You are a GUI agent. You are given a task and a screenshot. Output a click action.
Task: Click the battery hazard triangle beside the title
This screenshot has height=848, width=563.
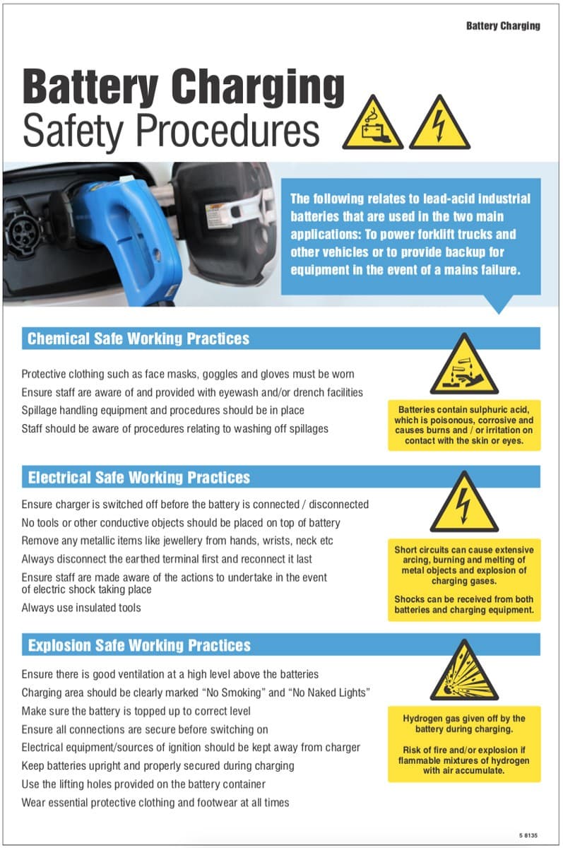point(372,126)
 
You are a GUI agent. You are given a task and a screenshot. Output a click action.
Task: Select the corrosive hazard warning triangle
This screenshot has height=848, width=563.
point(464,367)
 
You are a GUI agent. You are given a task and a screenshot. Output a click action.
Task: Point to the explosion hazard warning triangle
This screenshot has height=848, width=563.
point(464,672)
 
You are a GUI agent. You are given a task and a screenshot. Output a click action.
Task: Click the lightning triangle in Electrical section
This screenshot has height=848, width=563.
point(464,504)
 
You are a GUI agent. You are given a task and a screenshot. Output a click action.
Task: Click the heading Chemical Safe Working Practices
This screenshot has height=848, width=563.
point(138,338)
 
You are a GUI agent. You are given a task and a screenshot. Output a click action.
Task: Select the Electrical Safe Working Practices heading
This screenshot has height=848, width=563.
point(138,478)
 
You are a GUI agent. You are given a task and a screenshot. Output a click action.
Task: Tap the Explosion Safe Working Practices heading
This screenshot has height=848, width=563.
point(139,645)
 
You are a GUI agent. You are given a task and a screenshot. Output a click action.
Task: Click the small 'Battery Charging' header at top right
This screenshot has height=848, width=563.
point(502,26)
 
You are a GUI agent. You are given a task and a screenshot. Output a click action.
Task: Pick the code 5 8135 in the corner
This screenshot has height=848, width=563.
point(528,835)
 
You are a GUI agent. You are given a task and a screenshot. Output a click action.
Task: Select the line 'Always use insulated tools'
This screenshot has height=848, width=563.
point(81,608)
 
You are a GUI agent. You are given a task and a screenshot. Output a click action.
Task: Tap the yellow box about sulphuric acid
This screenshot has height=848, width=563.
point(464,425)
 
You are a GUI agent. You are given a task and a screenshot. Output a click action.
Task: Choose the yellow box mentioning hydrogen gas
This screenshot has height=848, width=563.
point(464,744)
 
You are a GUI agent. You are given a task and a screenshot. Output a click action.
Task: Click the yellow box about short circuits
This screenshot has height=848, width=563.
point(464,579)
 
